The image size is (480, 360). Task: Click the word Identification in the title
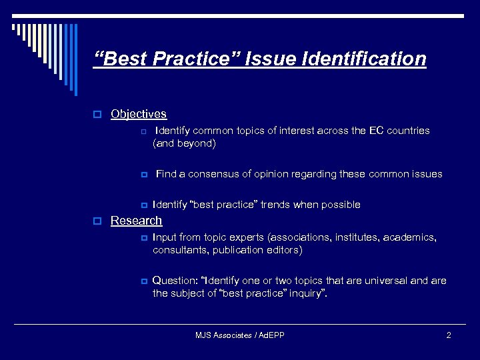364,59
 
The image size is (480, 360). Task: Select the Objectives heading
139,114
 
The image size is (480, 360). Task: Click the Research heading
136,221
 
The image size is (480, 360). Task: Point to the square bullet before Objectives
97,115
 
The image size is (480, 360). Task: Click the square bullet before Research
97,221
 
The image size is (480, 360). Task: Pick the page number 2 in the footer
449,335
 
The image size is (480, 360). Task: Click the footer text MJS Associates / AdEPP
239,335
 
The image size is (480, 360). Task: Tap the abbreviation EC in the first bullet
376,131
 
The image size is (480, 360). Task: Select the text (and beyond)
184,143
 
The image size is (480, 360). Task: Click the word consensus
213,174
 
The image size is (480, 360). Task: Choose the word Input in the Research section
165,237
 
